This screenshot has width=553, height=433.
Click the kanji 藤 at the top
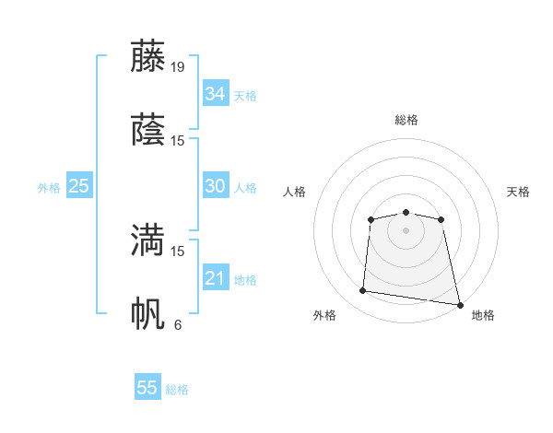click(148, 56)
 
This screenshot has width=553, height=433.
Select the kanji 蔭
click(148, 130)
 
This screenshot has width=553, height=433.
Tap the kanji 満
click(148, 240)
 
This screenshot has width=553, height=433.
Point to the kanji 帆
click(148, 313)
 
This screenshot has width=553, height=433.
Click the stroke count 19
click(178, 67)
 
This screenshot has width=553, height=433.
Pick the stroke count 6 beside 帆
click(178, 324)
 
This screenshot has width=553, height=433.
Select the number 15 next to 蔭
click(178, 141)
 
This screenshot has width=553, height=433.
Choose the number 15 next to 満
click(178, 251)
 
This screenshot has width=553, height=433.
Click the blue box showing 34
click(215, 94)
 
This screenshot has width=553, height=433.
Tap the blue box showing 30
click(215, 186)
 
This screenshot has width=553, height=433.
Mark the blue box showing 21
click(215, 278)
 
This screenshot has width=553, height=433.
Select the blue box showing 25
click(78, 186)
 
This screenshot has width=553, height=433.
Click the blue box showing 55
click(147, 388)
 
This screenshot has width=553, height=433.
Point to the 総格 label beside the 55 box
click(178, 390)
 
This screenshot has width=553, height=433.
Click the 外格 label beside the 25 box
click(49, 188)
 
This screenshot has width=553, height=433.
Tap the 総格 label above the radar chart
click(406, 120)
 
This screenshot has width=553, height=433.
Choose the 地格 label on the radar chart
click(483, 316)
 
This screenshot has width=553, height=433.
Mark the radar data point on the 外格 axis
click(363, 291)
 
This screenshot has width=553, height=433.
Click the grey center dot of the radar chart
click(406, 229)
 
